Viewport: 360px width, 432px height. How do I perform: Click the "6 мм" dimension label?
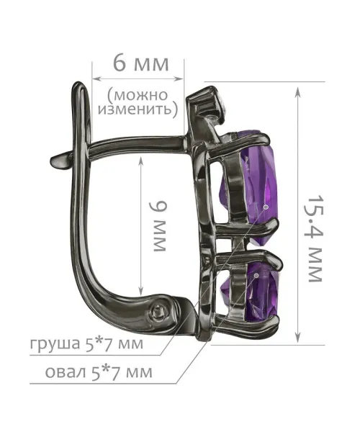pyautogui.click(x=140, y=64)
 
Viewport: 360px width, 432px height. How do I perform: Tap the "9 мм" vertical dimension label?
pyautogui.click(x=158, y=226)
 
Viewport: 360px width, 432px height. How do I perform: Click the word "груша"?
pyautogui.click(x=53, y=344)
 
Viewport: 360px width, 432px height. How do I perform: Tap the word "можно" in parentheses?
pyautogui.click(x=141, y=95)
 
